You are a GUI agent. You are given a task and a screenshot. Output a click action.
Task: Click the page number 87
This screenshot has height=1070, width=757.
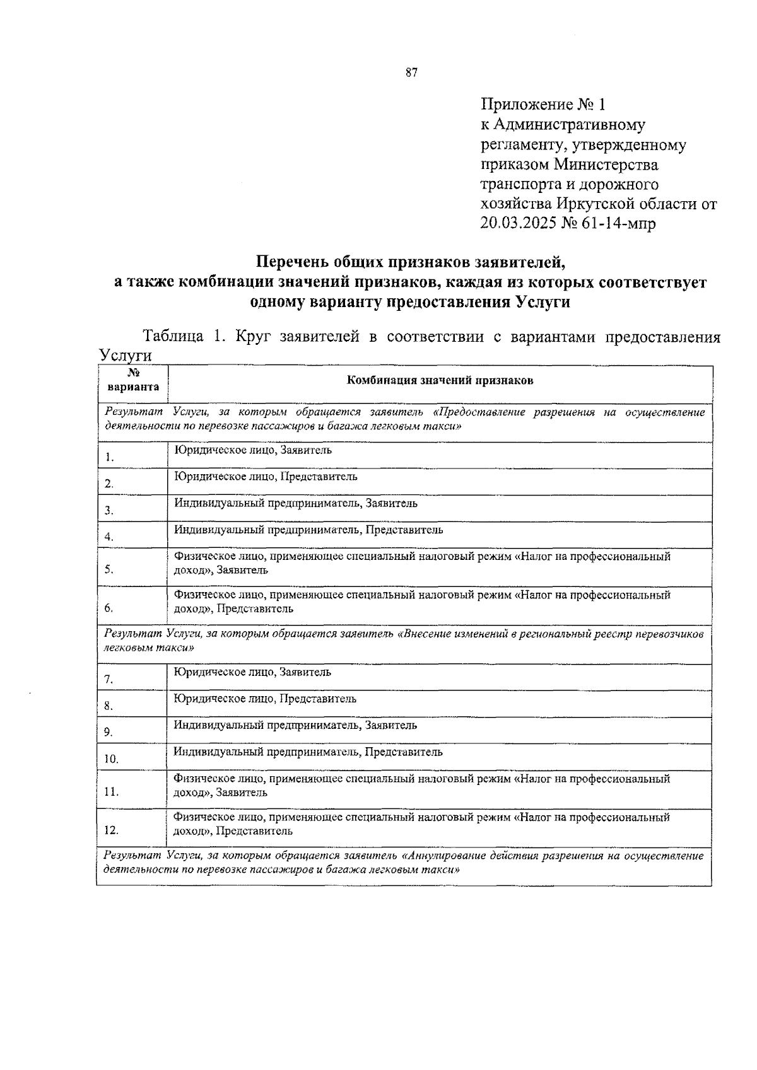(x=411, y=73)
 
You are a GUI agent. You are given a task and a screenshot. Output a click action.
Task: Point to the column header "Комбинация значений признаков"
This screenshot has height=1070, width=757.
(x=440, y=380)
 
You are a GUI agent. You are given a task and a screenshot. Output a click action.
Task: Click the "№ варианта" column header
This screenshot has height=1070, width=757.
(x=133, y=380)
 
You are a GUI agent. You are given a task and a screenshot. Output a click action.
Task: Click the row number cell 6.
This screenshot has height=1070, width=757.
(x=109, y=608)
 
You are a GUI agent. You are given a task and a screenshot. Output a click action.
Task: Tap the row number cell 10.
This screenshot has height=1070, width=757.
(x=112, y=759)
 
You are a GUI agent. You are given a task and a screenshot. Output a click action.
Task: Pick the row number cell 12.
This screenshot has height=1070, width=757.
(x=112, y=830)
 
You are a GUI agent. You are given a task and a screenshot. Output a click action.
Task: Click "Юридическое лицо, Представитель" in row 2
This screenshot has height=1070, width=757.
(x=266, y=477)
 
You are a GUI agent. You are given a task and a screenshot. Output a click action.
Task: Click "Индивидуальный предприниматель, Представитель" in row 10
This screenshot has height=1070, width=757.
(x=308, y=752)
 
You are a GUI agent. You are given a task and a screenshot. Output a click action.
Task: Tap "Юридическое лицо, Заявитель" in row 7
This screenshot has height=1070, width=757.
(x=252, y=672)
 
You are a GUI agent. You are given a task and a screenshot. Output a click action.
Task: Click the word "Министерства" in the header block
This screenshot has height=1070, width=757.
(x=606, y=165)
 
